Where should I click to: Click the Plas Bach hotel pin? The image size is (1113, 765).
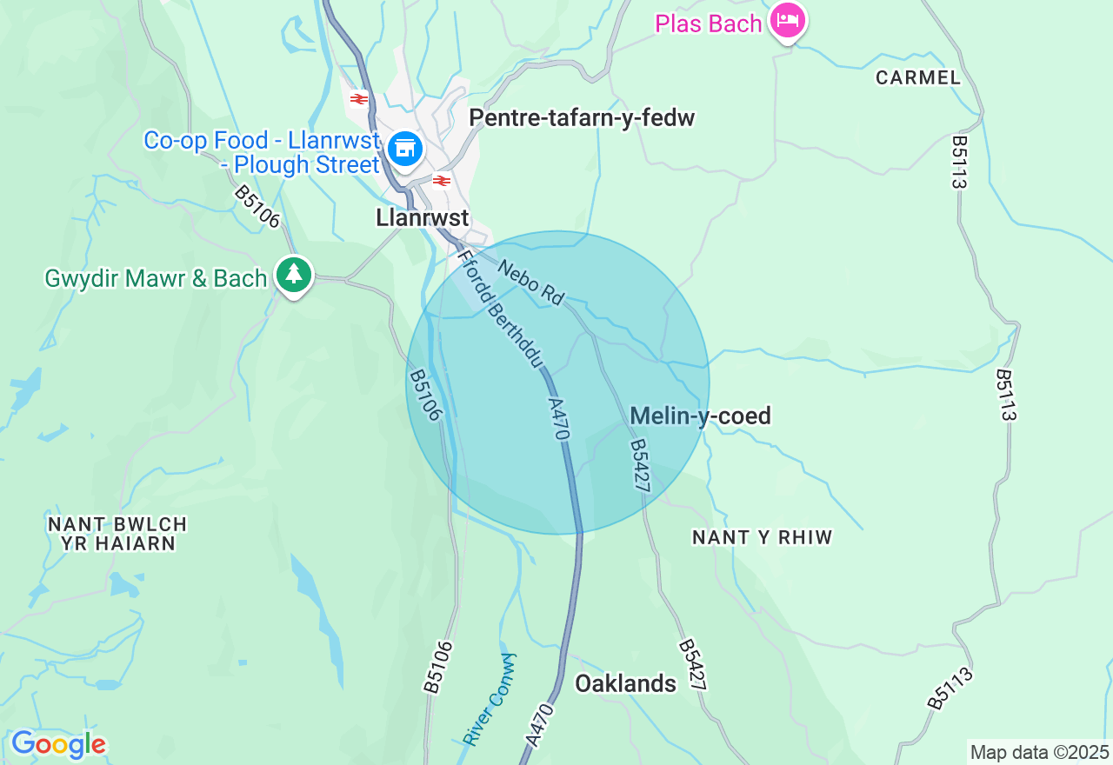pos(789,21)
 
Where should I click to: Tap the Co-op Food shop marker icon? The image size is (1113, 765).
pos(404,149)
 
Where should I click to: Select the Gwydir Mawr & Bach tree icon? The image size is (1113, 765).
pos(294,275)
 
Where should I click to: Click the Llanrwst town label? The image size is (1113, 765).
pos(423,217)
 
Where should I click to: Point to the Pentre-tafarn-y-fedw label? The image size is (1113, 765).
pos(582,118)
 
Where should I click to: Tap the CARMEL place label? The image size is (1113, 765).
pos(918,77)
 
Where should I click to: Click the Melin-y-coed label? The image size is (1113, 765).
pos(700,416)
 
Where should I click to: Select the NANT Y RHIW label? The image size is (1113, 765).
pos(763,537)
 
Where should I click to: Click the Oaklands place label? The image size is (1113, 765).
pos(625,683)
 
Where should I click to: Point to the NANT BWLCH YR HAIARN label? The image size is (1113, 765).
pos(117,534)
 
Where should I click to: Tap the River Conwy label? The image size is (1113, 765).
pos(489,699)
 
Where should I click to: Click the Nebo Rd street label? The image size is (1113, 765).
pos(530,281)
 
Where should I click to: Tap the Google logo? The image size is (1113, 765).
pos(58,744)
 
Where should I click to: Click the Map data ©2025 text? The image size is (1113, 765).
pos(1039,752)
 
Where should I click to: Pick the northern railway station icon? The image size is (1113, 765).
pos(359,98)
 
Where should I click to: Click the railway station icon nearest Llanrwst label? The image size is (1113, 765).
pos(442,181)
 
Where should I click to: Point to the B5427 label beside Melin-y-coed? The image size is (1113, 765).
pos(641,466)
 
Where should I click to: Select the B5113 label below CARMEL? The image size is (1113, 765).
pos(960,162)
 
